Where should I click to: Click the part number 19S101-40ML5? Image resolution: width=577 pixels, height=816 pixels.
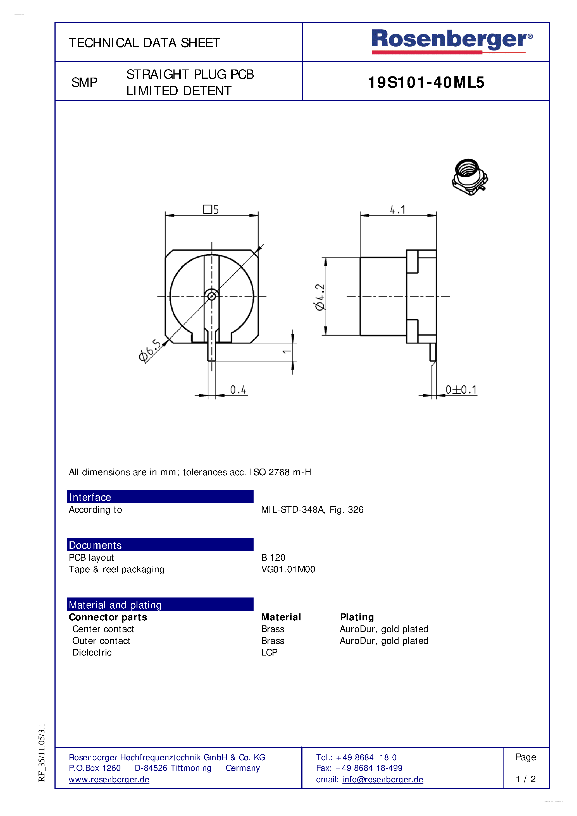[426, 82]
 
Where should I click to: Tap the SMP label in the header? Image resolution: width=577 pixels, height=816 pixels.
[84, 82]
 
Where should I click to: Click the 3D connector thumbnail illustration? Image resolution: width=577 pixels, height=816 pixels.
[470, 177]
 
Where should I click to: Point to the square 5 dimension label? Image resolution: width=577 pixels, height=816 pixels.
[211, 209]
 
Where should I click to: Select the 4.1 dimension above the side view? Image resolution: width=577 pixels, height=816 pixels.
[397, 210]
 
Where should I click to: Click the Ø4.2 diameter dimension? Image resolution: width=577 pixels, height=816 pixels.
[320, 297]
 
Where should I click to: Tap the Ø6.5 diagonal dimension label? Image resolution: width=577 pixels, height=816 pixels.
[150, 351]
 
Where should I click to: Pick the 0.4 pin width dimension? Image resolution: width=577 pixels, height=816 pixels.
[238, 390]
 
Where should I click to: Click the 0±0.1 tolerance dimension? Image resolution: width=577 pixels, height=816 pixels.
[461, 390]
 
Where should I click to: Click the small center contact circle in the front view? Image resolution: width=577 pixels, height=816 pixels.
[212, 296]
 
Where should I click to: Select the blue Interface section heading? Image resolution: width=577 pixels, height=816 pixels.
[160, 497]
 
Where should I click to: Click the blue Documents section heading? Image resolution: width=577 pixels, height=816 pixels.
[160, 545]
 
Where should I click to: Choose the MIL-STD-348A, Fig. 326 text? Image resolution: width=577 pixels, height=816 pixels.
[312, 510]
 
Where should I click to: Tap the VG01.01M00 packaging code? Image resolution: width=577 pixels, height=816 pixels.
[288, 569]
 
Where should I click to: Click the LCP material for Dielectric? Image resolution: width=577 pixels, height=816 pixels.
[269, 652]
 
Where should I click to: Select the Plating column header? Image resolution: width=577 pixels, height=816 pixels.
[357, 617]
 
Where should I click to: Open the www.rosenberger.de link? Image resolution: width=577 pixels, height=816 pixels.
[109, 779]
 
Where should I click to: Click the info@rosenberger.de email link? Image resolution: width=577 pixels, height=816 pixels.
[382, 779]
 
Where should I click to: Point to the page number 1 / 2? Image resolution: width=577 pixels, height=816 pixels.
[525, 779]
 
